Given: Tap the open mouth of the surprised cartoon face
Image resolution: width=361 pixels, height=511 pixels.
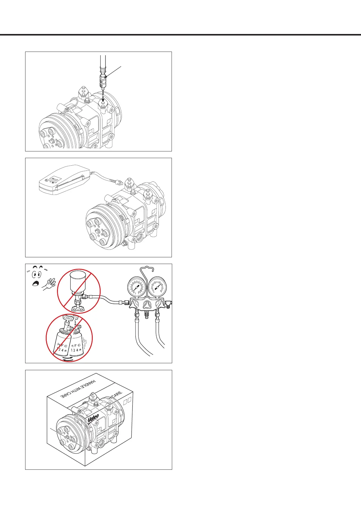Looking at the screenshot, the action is click(x=36, y=284).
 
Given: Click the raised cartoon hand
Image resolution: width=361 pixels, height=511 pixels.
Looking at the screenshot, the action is click(x=49, y=284).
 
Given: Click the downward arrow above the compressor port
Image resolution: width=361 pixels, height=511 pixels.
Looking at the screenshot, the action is click(x=103, y=98).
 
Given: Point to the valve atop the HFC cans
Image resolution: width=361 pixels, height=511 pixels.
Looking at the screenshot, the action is click(x=69, y=321).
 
